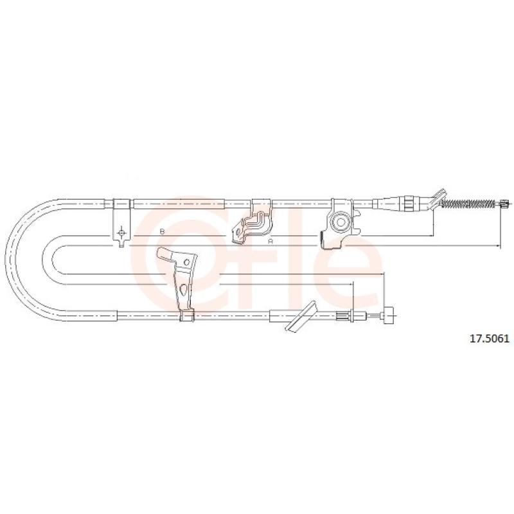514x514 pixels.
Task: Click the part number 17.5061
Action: tap(490, 339)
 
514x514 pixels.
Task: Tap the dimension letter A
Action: tap(270, 241)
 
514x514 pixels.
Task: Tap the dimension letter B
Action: tap(162, 231)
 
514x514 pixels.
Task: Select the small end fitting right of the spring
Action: tap(504, 204)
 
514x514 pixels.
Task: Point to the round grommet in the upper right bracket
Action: tap(340, 222)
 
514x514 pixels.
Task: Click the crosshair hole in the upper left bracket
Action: tap(121, 232)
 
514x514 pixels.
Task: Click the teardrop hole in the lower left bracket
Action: tap(184, 289)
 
